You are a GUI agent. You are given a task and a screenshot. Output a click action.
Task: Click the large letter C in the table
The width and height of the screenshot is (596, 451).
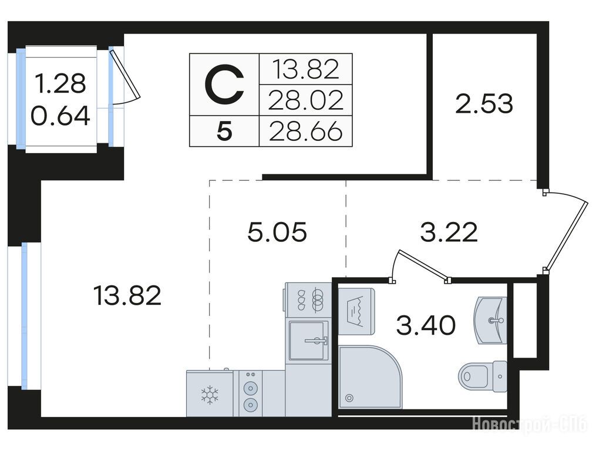point(224,85)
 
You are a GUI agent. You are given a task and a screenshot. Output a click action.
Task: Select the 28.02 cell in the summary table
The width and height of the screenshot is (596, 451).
point(306,100)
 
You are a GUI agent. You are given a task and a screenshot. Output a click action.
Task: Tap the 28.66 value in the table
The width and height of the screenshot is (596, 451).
point(306,132)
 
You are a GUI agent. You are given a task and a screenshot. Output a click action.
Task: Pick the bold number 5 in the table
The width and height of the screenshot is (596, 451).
point(224,132)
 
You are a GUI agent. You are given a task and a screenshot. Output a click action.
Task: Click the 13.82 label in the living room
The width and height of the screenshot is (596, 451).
point(127,296)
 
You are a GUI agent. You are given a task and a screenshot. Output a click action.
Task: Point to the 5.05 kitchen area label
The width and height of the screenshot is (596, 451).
point(277,233)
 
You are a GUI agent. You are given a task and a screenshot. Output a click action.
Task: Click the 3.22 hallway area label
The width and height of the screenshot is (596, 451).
point(449,233)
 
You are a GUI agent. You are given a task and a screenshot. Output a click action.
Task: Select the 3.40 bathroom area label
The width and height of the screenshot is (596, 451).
point(426,325)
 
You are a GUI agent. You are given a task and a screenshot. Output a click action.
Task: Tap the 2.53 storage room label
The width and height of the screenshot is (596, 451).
point(484,104)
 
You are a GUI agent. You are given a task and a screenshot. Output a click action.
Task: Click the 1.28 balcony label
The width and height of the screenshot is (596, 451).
point(60,83)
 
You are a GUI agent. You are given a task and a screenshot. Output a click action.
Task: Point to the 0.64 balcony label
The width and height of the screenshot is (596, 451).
point(60,116)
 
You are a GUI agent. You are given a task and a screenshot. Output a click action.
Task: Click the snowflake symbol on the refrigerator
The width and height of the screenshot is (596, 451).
point(210,395)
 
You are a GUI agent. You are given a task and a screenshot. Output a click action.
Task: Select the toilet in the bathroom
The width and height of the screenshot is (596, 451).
point(483,376)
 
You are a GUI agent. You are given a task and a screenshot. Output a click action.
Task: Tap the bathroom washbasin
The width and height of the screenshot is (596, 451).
point(490,320)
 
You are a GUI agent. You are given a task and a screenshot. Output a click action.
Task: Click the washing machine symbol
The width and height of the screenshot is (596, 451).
point(356,311)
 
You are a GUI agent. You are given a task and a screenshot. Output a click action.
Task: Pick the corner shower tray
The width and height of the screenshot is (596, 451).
point(369,377)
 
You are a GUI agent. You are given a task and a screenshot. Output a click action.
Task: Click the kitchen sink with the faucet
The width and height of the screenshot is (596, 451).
point(309,341)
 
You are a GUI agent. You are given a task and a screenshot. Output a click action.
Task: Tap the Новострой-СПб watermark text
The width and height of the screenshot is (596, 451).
point(530,423)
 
